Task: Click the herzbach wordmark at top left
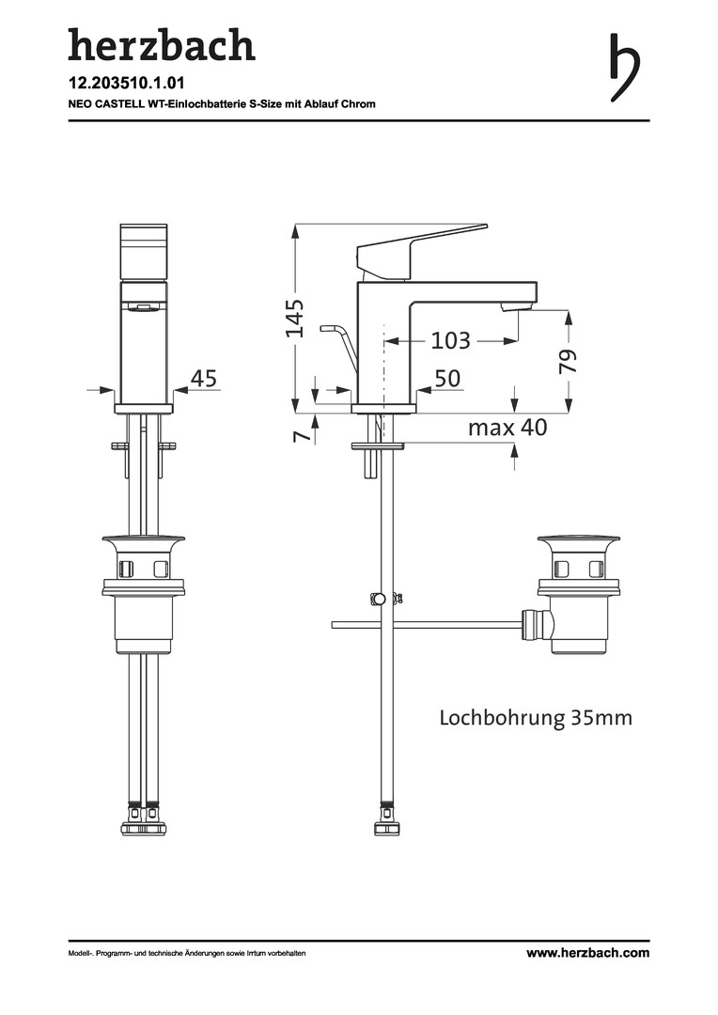(162, 45)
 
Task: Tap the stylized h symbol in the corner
(624, 68)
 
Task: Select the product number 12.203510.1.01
(127, 84)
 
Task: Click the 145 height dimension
(295, 318)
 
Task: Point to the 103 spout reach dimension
(450, 340)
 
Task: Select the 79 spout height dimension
(569, 361)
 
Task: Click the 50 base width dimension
(447, 379)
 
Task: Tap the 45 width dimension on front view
(204, 378)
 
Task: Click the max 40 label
(507, 428)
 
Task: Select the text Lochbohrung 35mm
(536, 718)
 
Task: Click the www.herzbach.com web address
(588, 953)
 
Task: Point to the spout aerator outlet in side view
(517, 306)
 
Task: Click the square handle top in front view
(145, 253)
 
